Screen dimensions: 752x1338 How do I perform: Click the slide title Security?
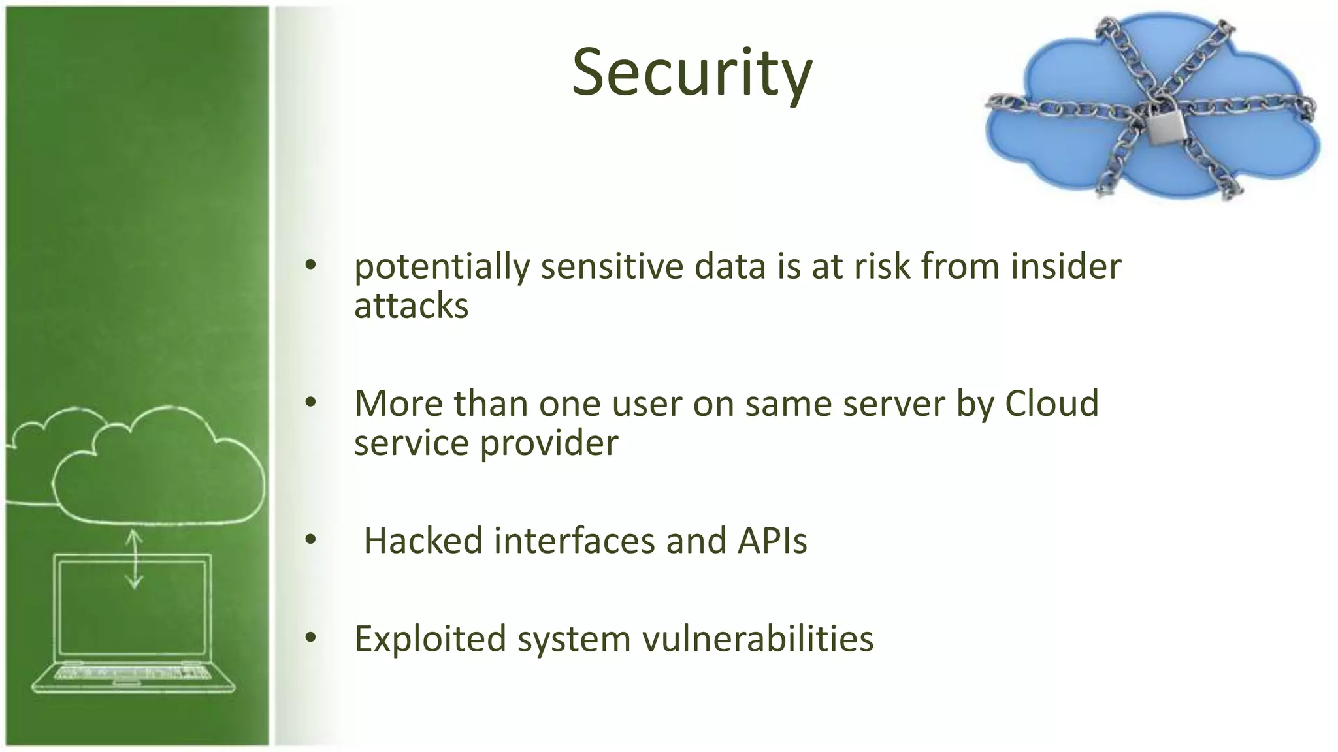pos(692,73)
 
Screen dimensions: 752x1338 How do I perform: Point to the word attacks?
pos(411,307)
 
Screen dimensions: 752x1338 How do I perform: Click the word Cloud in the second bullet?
pos(1051,403)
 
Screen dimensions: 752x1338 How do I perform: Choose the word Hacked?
pos(423,541)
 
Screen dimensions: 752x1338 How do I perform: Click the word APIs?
pos(772,541)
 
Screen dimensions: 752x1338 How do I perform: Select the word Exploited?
pos(430,639)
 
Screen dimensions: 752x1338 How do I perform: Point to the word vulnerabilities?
pos(758,639)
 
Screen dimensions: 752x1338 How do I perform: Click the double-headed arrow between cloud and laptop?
pos(134,559)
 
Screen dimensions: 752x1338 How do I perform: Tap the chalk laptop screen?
pos(133,607)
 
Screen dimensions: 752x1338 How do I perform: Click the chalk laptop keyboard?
pos(133,672)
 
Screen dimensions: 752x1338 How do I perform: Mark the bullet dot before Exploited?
pos(310,637)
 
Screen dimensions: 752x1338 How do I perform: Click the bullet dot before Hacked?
pos(310,540)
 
